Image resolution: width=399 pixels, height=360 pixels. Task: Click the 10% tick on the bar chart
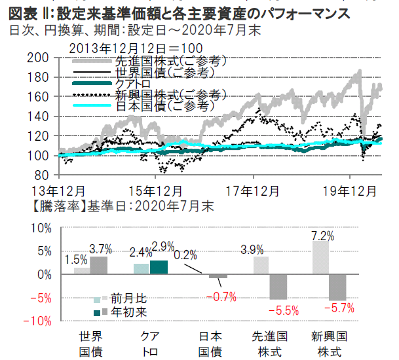(x=41, y=228)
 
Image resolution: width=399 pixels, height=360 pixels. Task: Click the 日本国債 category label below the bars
(x=212, y=343)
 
